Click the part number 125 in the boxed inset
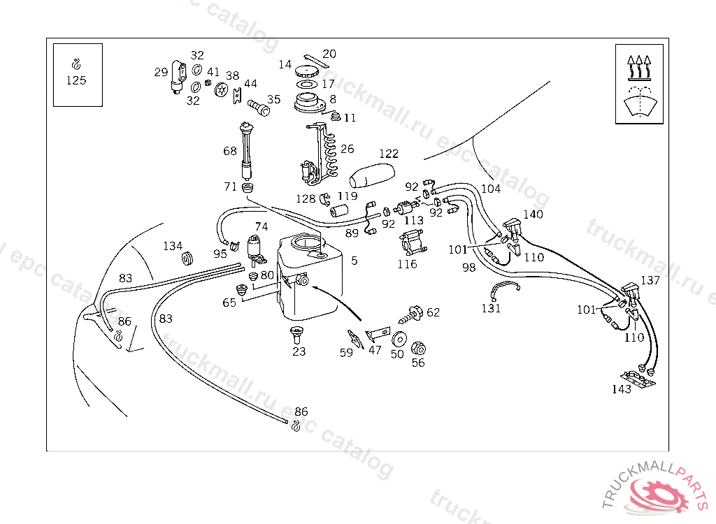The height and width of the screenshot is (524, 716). pyautogui.click(x=76, y=80)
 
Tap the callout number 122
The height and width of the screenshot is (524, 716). pyautogui.click(x=389, y=154)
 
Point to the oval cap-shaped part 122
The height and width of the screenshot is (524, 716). pyautogui.click(x=371, y=175)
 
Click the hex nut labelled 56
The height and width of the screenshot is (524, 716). pyautogui.click(x=418, y=348)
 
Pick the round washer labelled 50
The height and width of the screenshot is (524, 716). pyautogui.click(x=399, y=339)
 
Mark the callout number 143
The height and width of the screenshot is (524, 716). pyautogui.click(x=622, y=389)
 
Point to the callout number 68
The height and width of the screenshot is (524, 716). pyautogui.click(x=230, y=151)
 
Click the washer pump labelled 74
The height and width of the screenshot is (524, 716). pyautogui.click(x=255, y=249)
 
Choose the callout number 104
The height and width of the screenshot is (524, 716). pyautogui.click(x=491, y=189)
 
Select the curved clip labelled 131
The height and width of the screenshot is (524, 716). pyautogui.click(x=504, y=289)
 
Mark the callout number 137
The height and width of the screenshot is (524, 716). pyautogui.click(x=650, y=280)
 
